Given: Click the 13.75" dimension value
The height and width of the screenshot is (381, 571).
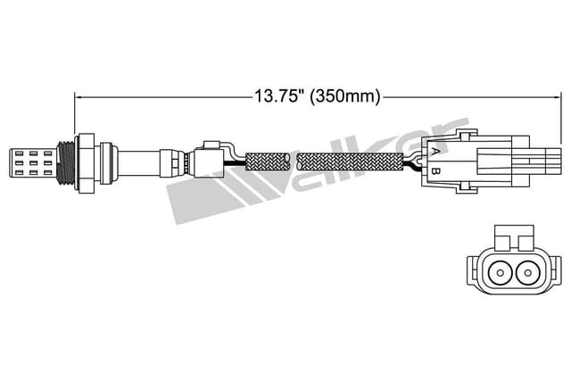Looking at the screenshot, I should (279, 95).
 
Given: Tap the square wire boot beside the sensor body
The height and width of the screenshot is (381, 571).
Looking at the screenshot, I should (211, 162).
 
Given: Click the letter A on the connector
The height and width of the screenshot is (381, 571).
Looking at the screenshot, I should (434, 152).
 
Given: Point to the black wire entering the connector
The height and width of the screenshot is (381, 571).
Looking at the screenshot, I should (412, 164).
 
